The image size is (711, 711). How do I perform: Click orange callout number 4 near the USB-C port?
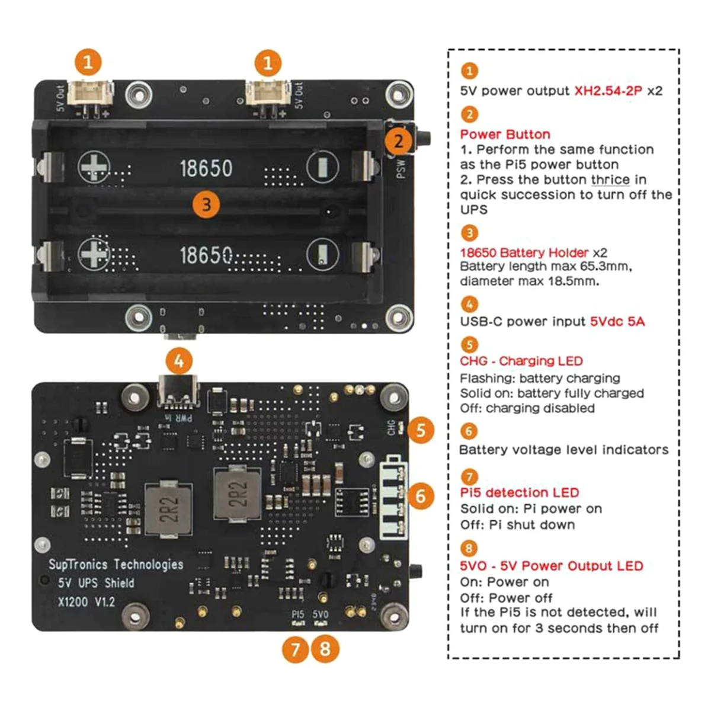[x=180, y=361]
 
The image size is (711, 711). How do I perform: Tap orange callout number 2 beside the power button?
[x=398, y=141]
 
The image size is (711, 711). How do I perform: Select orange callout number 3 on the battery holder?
[x=206, y=205]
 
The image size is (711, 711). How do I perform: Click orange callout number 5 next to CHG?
[x=421, y=430]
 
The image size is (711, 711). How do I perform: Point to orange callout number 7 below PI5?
[x=296, y=649]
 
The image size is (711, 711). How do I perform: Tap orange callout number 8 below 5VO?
[x=325, y=649]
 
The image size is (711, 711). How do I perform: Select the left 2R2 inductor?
[x=168, y=509]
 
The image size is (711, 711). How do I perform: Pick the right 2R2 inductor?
[x=238, y=494]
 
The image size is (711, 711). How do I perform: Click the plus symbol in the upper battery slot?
[x=94, y=168]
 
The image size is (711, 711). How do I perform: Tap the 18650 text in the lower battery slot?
[x=206, y=255]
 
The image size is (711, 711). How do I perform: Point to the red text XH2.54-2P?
[x=608, y=91]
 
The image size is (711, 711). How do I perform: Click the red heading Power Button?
[x=505, y=134]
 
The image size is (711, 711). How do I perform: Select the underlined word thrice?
[x=610, y=180]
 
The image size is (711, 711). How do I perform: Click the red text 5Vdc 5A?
[x=617, y=321]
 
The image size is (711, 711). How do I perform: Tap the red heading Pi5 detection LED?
[x=519, y=492]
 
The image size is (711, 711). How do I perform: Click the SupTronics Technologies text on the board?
[x=116, y=564]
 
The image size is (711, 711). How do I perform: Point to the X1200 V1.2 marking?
[x=87, y=602]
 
